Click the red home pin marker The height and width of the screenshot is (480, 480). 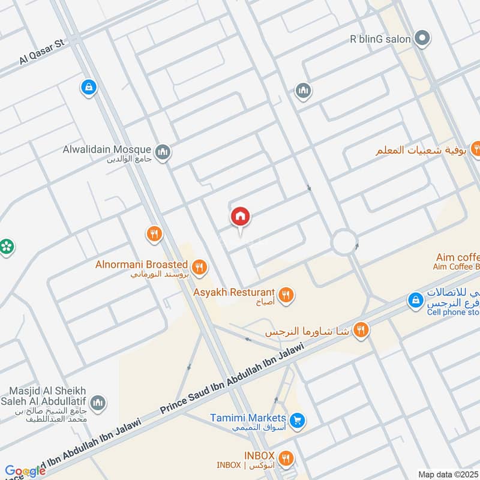(241, 217)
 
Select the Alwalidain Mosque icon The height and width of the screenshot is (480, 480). (162, 152)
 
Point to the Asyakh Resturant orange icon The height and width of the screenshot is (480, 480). (286, 295)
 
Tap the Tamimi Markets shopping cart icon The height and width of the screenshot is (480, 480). (296, 420)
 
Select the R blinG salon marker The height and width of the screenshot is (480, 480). (423, 40)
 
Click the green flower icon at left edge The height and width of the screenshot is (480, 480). (7, 246)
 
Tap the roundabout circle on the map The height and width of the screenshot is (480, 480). (344, 242)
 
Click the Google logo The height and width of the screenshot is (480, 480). (25, 471)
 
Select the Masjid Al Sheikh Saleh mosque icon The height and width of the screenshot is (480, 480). (99, 402)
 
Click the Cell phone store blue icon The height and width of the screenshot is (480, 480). (415, 299)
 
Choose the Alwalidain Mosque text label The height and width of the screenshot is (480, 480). (106, 149)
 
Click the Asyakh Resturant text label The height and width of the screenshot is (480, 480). (234, 292)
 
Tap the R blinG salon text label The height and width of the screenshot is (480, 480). (380, 40)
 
